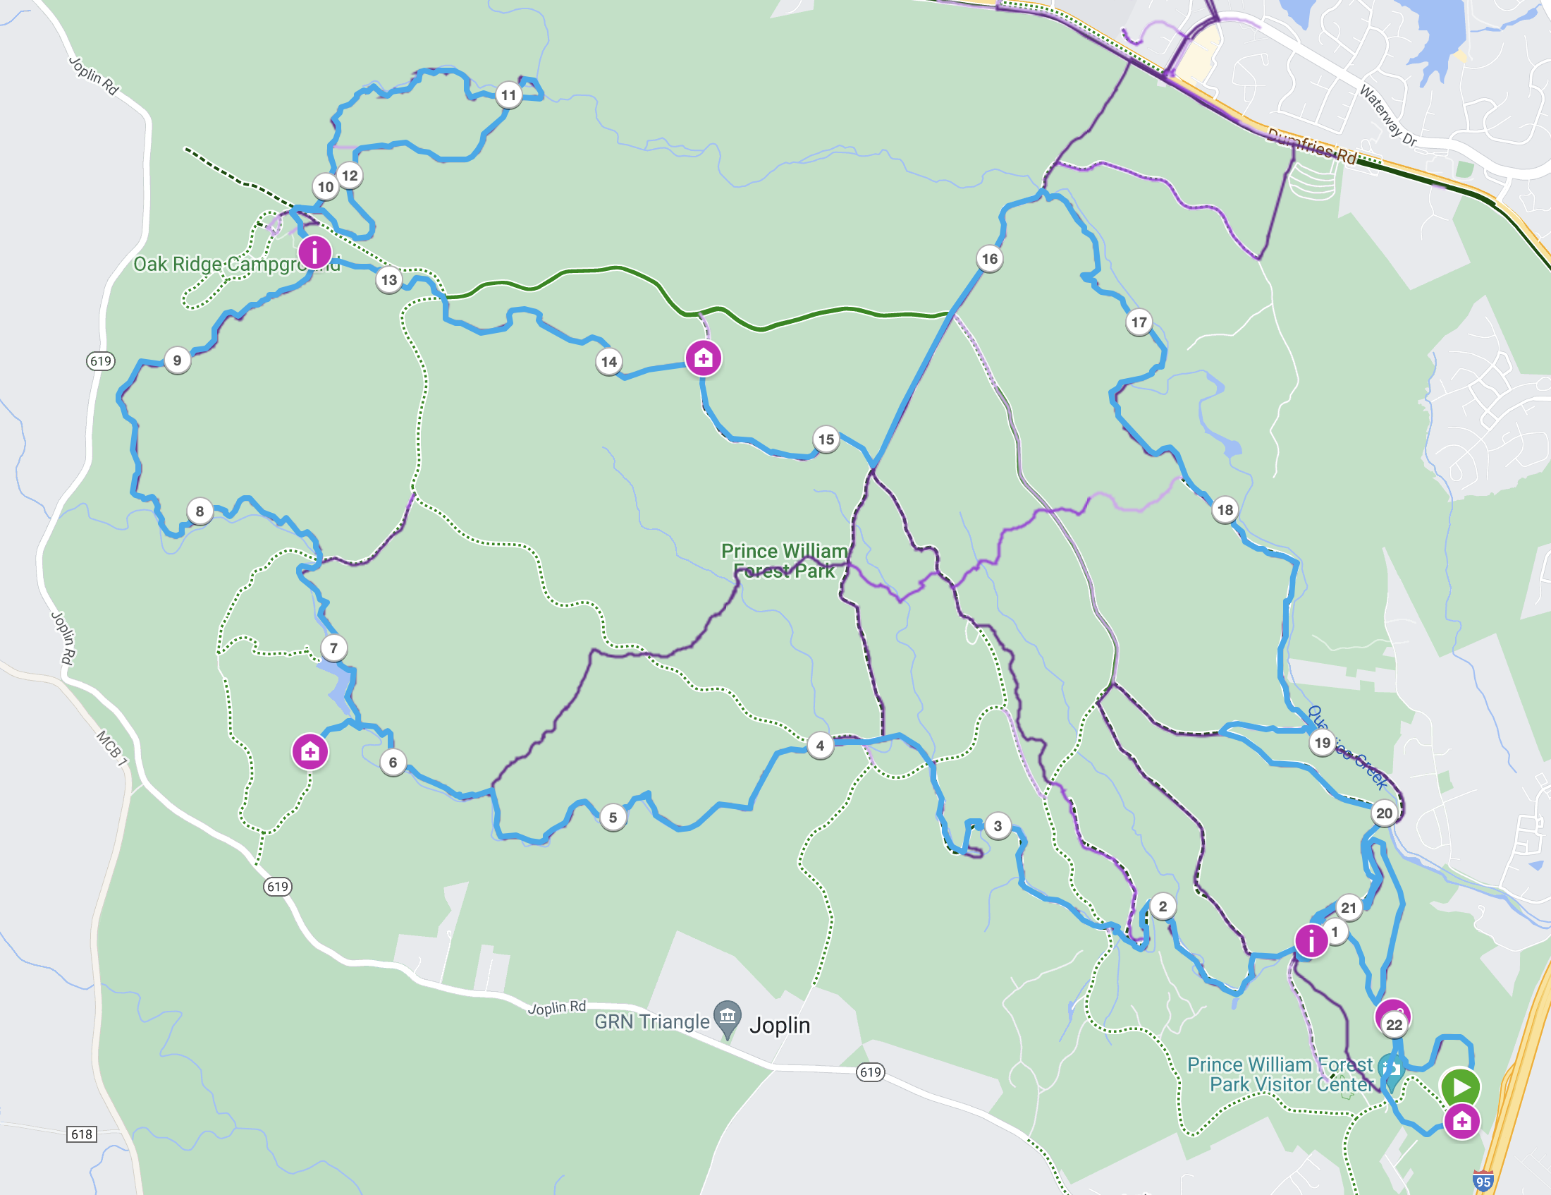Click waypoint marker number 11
click(x=508, y=95)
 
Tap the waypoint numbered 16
click(x=989, y=259)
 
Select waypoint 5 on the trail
click(x=613, y=817)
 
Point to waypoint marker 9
click(x=177, y=360)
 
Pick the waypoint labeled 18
click(x=1225, y=509)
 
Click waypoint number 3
click(x=998, y=825)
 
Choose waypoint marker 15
click(x=826, y=439)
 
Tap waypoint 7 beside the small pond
click(x=333, y=648)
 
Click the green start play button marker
click(x=1460, y=1086)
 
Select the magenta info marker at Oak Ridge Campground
click(x=314, y=252)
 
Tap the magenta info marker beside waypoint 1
click(x=1311, y=941)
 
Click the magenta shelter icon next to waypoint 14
click(x=703, y=358)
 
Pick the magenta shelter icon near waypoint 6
click(x=309, y=752)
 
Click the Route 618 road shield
click(x=82, y=1134)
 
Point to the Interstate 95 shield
click(x=1483, y=1182)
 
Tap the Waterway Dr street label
click(x=1387, y=115)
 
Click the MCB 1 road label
click(x=111, y=748)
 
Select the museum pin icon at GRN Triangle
click(x=728, y=1017)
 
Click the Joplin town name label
click(x=780, y=1025)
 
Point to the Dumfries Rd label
click(x=1312, y=146)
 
